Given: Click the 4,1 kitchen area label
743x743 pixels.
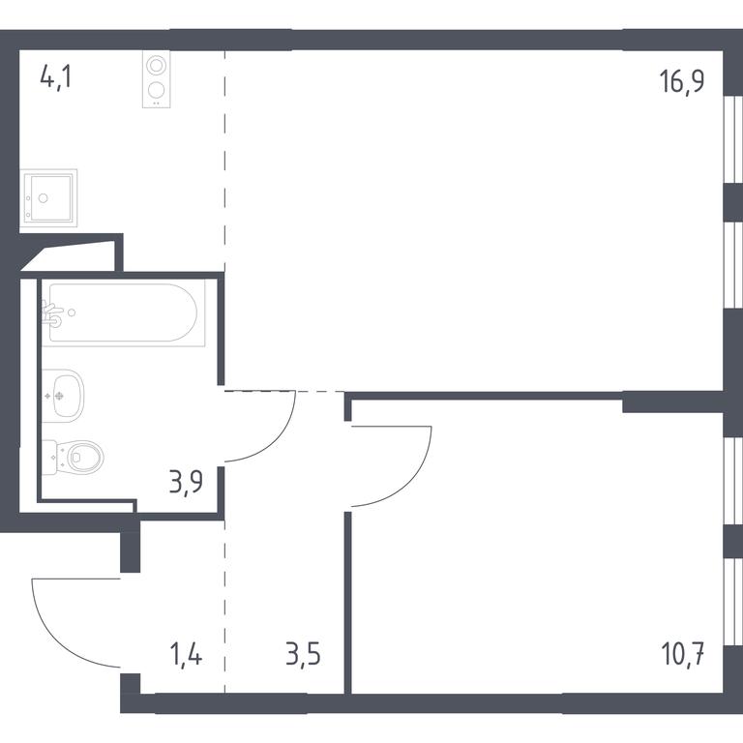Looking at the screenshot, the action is pos(56,77).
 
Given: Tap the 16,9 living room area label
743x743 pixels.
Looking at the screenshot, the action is pos(681,81).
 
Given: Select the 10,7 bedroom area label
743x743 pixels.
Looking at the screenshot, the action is pos(682,654).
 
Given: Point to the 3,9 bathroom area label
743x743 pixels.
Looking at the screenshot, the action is pos(186,482).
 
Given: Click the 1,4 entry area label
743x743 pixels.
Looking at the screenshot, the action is pos(186,654).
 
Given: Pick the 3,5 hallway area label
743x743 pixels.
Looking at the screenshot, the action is pos(303,654).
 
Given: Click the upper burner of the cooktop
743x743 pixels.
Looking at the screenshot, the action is pos(156,65).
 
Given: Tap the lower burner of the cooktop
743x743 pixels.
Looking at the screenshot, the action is pos(156,90).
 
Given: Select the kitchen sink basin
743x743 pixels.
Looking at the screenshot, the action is pos(48,197).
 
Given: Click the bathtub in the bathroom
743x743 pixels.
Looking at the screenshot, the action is pos(123,312).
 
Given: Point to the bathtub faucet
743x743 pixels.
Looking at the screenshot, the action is pos(52,312).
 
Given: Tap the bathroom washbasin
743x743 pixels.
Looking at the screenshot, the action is pos(63,396).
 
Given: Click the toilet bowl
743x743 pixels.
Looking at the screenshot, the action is pos(86,458).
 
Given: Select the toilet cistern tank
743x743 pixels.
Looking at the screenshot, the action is pos(49,458).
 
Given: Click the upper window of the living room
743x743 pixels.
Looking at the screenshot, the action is pos(733,139).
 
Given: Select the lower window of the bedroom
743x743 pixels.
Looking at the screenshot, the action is pos(733,602).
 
